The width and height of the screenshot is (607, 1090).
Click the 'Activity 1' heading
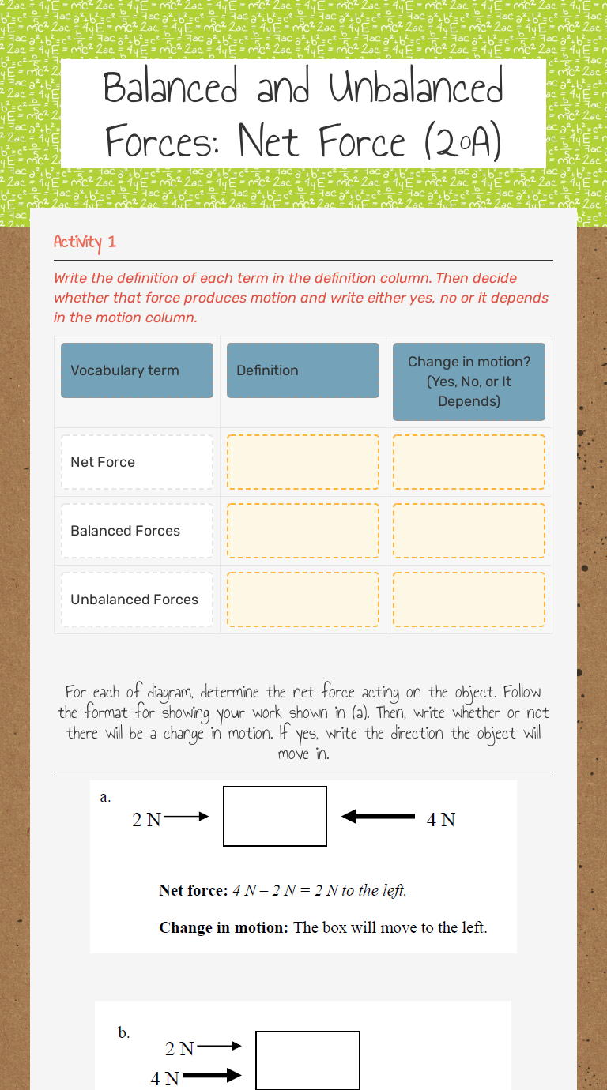[85, 242]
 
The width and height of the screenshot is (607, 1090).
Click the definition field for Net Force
[303, 462]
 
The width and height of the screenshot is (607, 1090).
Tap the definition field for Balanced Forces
[303, 531]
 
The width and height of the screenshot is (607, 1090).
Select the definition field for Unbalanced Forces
[303, 599]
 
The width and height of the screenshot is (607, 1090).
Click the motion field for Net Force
[469, 462]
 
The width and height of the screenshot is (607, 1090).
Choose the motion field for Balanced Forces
[469, 531]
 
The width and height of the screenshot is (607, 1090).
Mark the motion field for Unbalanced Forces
[469, 599]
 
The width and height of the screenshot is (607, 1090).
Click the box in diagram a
[275, 816]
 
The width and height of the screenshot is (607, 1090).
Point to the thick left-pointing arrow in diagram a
[378, 817]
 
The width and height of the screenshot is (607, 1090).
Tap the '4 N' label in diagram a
[440, 820]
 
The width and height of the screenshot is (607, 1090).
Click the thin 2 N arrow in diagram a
[187, 817]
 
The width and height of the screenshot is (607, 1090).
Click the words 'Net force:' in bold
[193, 890]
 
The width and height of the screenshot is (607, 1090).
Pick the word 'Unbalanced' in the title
[416, 88]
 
